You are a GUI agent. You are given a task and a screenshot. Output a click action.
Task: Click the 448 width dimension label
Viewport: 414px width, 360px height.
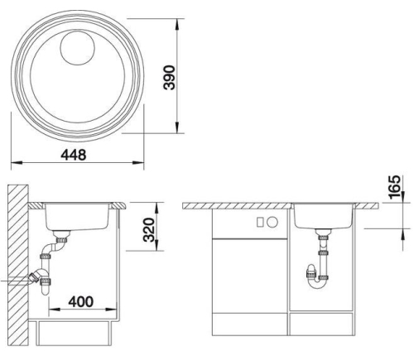[x=74, y=155]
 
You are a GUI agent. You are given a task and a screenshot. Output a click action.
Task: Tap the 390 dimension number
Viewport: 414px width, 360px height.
[x=169, y=78]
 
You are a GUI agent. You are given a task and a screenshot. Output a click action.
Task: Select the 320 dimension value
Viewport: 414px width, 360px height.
[x=149, y=229]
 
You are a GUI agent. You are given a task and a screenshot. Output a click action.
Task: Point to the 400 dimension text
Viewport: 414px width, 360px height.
[x=81, y=301]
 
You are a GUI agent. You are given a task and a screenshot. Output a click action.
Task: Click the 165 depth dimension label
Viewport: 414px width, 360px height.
[x=394, y=187]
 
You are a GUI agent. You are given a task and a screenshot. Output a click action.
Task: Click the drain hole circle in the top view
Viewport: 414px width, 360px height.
[x=78, y=48]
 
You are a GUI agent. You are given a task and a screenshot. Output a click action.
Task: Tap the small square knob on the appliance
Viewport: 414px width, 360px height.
[x=260, y=222]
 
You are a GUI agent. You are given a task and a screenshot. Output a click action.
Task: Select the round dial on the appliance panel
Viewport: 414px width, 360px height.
[x=272, y=222]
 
